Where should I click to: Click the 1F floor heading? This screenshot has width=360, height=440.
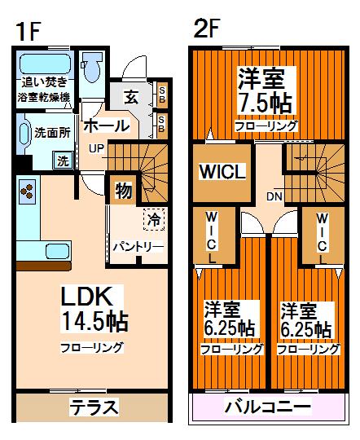[x=28, y=31]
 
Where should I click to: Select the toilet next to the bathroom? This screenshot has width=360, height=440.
[x=91, y=70]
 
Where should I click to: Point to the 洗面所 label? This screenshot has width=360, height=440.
[x=50, y=130]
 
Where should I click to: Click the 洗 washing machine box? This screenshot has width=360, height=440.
[x=63, y=161]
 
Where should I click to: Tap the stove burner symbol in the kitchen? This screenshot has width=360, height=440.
[x=27, y=191]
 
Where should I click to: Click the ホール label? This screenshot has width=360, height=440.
[x=106, y=126]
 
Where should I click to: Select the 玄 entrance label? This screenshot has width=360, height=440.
[x=131, y=97]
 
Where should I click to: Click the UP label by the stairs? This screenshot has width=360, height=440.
[x=96, y=149]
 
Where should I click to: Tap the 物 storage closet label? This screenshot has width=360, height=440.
[x=123, y=192]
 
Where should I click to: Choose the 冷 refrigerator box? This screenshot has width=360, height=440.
[x=152, y=218]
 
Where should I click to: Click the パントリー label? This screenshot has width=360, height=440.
[x=138, y=246]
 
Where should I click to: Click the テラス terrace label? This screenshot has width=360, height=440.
[x=94, y=406]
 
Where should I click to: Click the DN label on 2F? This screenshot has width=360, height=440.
[x=274, y=196]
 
